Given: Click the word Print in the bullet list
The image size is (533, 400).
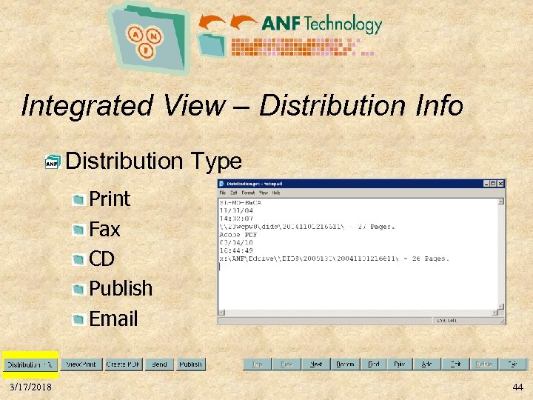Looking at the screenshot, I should (x=109, y=199).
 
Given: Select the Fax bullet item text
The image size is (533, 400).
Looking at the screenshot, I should (x=104, y=229).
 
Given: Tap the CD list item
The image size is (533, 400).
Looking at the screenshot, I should (x=102, y=259).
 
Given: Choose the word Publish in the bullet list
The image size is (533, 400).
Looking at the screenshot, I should (x=121, y=288).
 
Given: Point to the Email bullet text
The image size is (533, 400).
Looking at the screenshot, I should (x=113, y=319).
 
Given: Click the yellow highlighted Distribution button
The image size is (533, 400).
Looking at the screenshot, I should (x=30, y=364).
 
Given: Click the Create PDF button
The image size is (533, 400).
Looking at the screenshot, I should (x=123, y=364).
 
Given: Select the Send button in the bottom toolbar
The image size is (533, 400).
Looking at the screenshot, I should (x=159, y=364).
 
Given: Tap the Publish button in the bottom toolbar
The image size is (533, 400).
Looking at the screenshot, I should (x=191, y=364).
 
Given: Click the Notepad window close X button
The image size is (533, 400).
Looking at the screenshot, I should (x=500, y=184).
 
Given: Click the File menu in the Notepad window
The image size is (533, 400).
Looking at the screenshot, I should (x=222, y=193).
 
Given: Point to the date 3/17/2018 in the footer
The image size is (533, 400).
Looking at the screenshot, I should (x=31, y=387).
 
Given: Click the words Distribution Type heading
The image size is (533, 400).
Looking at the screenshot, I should (x=153, y=161).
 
